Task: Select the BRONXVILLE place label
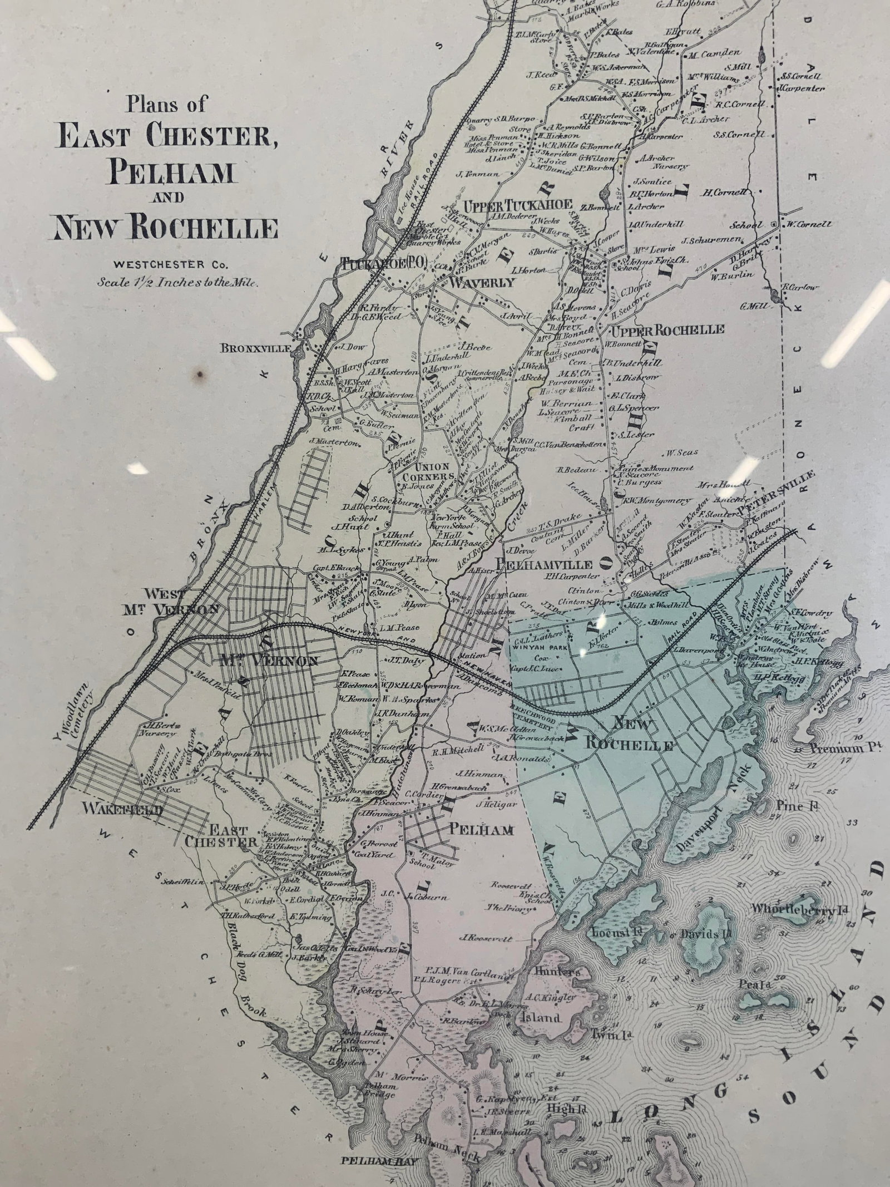click(x=255, y=349)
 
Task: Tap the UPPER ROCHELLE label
click(x=668, y=330)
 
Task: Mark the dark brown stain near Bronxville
click(x=201, y=375)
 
